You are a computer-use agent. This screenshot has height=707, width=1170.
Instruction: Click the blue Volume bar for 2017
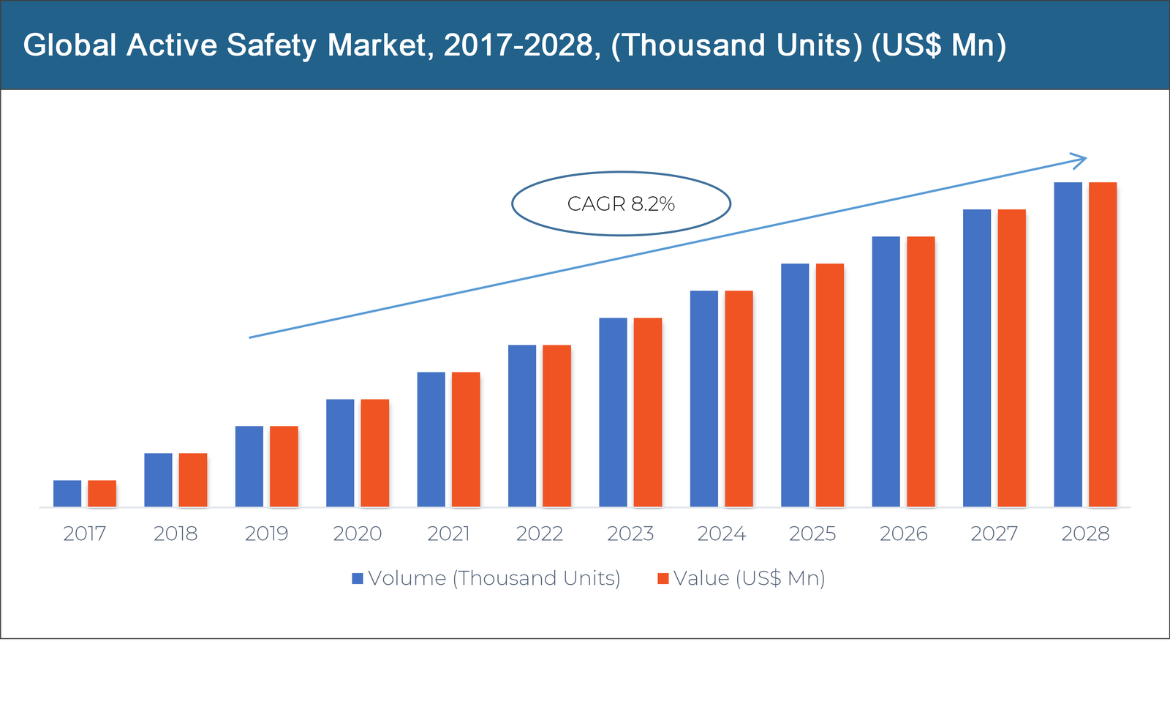(x=67, y=493)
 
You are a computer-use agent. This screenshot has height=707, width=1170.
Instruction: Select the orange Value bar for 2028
(x=1103, y=344)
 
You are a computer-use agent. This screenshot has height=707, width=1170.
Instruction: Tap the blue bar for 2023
(x=613, y=412)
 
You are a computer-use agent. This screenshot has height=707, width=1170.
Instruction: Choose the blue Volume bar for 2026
(x=886, y=371)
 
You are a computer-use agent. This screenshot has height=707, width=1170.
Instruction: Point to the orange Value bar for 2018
(x=193, y=479)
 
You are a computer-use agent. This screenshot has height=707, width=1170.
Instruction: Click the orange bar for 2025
(x=830, y=385)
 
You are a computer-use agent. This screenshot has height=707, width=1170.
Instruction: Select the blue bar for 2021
(x=431, y=439)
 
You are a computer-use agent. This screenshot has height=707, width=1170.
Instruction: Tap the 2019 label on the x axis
(x=266, y=534)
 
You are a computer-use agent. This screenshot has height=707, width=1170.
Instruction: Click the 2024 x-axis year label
(x=721, y=534)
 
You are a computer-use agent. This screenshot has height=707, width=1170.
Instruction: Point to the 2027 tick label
(x=994, y=534)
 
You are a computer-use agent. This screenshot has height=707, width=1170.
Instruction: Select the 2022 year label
(x=539, y=534)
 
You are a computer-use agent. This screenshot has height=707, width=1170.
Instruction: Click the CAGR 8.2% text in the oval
(x=621, y=203)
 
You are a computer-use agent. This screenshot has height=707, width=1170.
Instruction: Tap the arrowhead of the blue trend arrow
(x=1082, y=160)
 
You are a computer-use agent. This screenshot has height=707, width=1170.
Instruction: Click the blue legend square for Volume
(x=358, y=578)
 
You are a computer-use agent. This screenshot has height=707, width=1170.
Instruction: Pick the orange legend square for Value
(x=663, y=578)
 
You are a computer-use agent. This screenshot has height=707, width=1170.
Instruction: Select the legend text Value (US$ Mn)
(x=749, y=578)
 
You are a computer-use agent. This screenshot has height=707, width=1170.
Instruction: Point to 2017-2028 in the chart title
(x=518, y=45)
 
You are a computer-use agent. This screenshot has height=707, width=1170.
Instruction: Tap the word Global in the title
(x=69, y=45)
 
